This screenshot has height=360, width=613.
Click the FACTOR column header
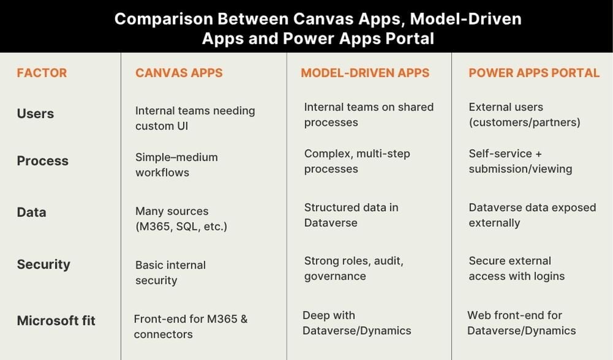pos(42,73)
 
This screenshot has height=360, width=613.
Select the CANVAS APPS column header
pos(179,73)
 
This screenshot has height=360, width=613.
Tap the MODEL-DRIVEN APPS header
pos(365,73)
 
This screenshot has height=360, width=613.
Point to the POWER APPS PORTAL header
pos(534,73)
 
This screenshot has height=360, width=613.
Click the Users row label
pos(36,113)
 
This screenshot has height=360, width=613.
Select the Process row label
pos(42,161)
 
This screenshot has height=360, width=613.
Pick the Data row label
pos(31,212)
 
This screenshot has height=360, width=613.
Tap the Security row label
pos(44,264)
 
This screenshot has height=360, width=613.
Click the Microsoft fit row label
pos(56,320)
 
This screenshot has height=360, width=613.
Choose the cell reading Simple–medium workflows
pos(177,165)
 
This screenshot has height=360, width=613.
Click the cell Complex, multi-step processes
pos(357,161)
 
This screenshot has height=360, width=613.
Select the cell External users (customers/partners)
pos(524,115)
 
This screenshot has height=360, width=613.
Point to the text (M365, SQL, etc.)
pos(181,227)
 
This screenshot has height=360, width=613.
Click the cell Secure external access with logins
pos(516,269)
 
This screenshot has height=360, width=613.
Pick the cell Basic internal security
pos(170,273)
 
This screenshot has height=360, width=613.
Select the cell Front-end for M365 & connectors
pos(191,327)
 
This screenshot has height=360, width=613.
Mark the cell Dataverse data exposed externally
pos(532,215)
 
